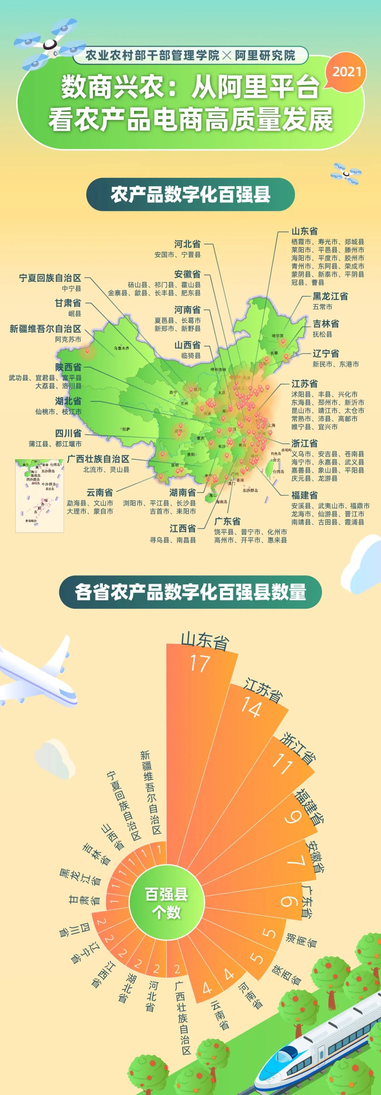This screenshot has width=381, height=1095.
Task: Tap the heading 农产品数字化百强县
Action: click(190, 195)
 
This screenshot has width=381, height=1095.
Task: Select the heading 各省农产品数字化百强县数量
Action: click(190, 592)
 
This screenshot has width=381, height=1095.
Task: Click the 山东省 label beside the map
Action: click(304, 231)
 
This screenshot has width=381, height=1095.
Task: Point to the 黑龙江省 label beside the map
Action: click(330, 296)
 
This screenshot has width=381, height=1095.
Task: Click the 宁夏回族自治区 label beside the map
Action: click(50, 278)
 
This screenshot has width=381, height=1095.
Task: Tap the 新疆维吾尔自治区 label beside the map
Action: click(46, 329)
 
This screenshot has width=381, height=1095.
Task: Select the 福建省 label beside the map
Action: click(304, 495)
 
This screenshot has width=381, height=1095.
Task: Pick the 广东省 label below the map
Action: click(227, 521)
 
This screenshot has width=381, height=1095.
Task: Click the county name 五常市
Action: click(322, 307)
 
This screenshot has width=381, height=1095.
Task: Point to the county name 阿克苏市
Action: click(68, 339)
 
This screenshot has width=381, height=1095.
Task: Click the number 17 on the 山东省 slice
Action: click(200, 663)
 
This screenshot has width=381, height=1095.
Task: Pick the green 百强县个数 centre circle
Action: click(167, 903)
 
